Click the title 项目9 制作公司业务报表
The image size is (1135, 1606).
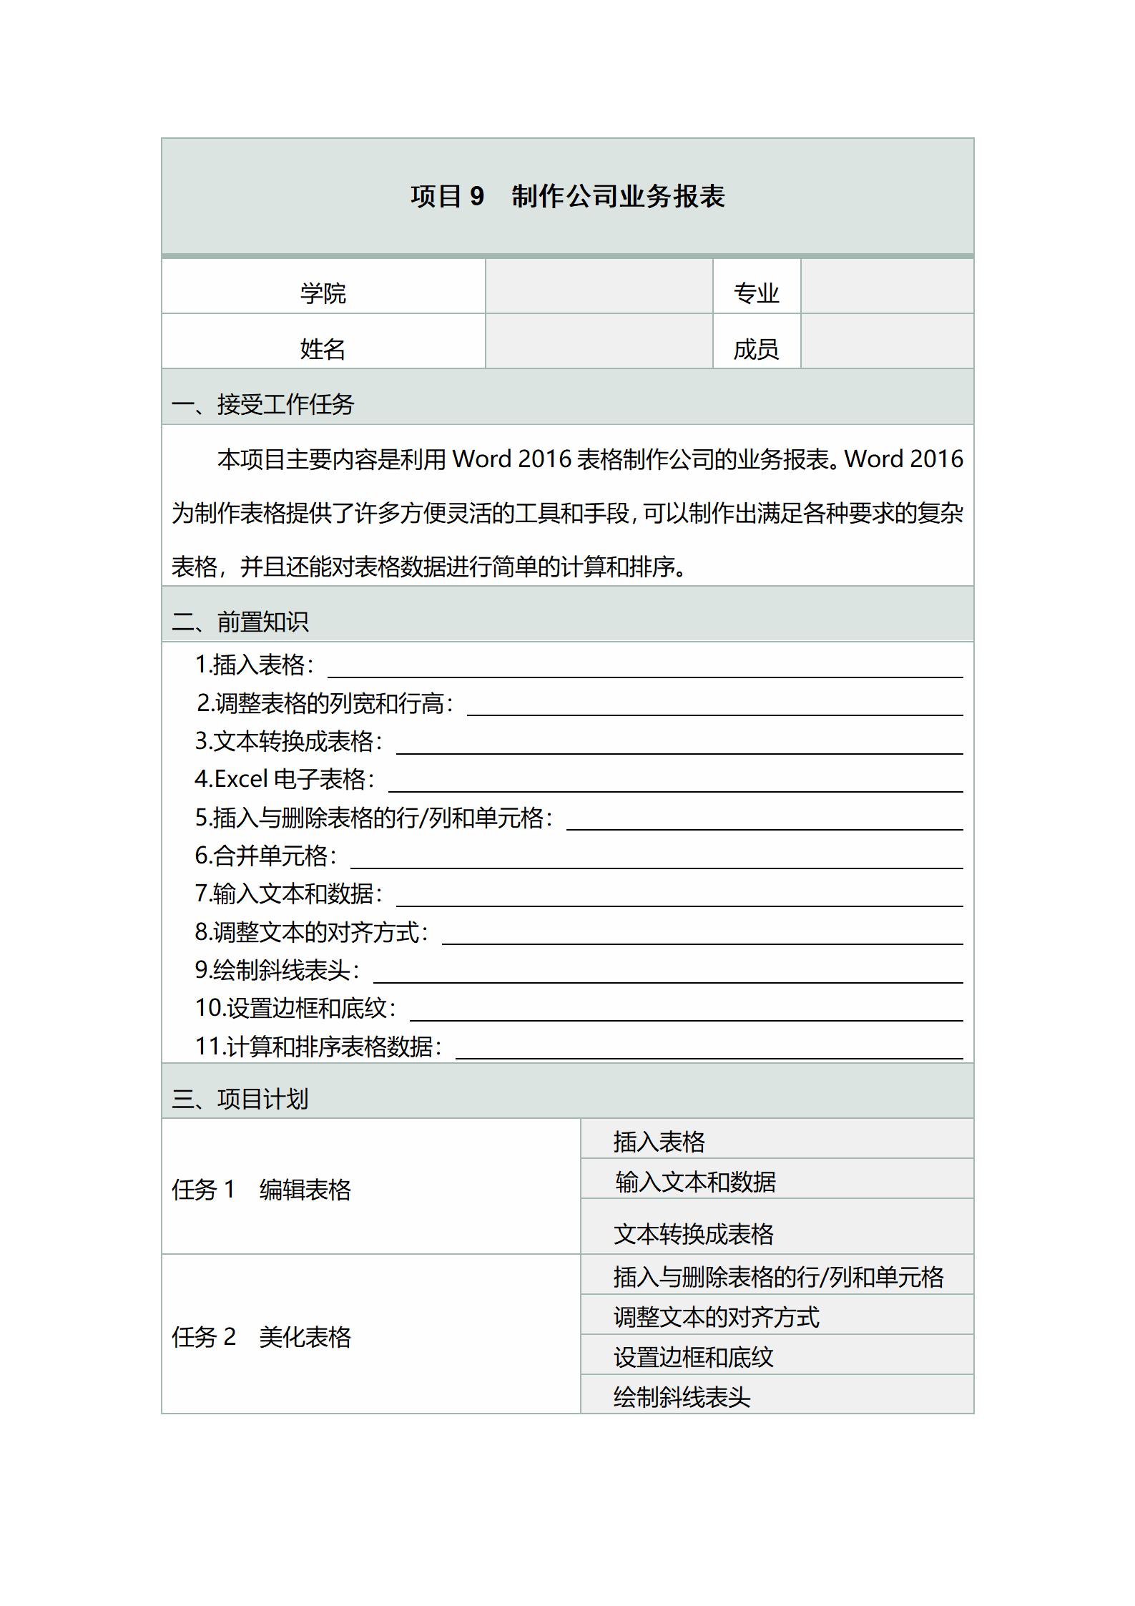click(567, 196)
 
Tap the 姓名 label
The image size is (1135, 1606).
click(323, 349)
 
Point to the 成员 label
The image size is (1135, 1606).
click(756, 349)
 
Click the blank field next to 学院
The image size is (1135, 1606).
click(599, 287)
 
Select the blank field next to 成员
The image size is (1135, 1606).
click(887, 342)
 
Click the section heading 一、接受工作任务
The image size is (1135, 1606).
click(263, 404)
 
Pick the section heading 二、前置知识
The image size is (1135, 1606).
click(240, 622)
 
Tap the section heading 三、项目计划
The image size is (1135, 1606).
click(240, 1099)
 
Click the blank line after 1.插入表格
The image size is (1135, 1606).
click(644, 668)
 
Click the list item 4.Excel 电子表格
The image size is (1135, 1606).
click(285, 779)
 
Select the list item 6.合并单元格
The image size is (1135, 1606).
click(265, 856)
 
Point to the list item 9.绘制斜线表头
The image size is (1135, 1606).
click(277, 970)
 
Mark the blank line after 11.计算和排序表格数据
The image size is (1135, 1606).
click(709, 1049)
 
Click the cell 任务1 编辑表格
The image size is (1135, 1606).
click(262, 1190)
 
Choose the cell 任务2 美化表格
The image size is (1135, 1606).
click(262, 1337)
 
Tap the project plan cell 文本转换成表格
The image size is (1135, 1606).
click(694, 1234)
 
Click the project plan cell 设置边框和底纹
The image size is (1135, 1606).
click(694, 1357)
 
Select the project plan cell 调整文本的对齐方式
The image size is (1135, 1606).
click(717, 1317)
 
